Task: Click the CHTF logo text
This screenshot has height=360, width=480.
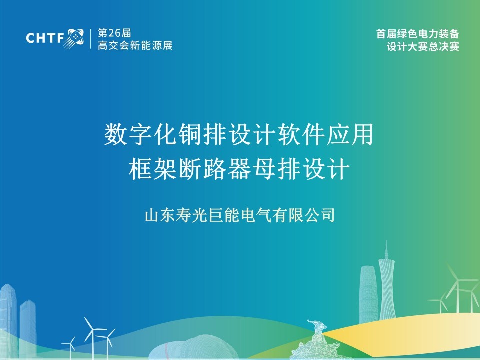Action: (x=45, y=38)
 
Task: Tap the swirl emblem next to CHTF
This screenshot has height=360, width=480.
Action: (x=74, y=38)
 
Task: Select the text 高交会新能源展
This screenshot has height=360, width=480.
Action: (x=135, y=45)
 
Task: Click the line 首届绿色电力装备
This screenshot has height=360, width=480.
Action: (x=418, y=33)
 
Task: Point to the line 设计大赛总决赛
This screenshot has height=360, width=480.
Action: (x=423, y=47)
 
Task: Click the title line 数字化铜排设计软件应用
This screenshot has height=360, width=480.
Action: (x=239, y=134)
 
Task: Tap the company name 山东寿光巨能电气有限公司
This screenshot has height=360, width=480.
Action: (x=240, y=215)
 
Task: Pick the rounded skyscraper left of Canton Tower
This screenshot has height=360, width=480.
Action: (x=368, y=294)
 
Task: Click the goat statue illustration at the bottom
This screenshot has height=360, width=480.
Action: (x=318, y=340)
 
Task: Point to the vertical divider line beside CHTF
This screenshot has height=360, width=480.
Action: (x=91, y=39)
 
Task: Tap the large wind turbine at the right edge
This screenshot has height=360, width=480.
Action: (x=458, y=291)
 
